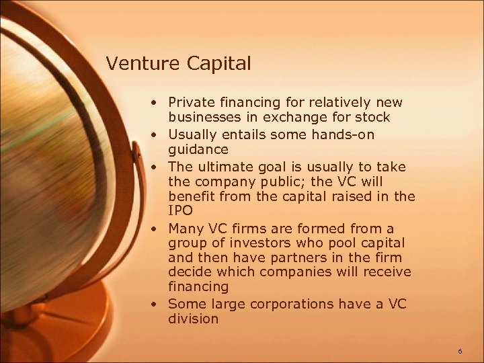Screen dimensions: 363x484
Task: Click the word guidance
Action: click(x=198, y=150)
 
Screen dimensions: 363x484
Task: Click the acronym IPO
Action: click(x=179, y=212)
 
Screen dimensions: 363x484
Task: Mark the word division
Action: click(x=194, y=319)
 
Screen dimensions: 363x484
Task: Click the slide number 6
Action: click(x=460, y=352)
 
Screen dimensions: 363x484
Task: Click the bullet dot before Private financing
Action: click(x=155, y=104)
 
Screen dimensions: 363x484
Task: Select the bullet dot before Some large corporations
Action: click(x=155, y=305)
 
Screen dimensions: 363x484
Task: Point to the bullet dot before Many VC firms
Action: click(x=155, y=228)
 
